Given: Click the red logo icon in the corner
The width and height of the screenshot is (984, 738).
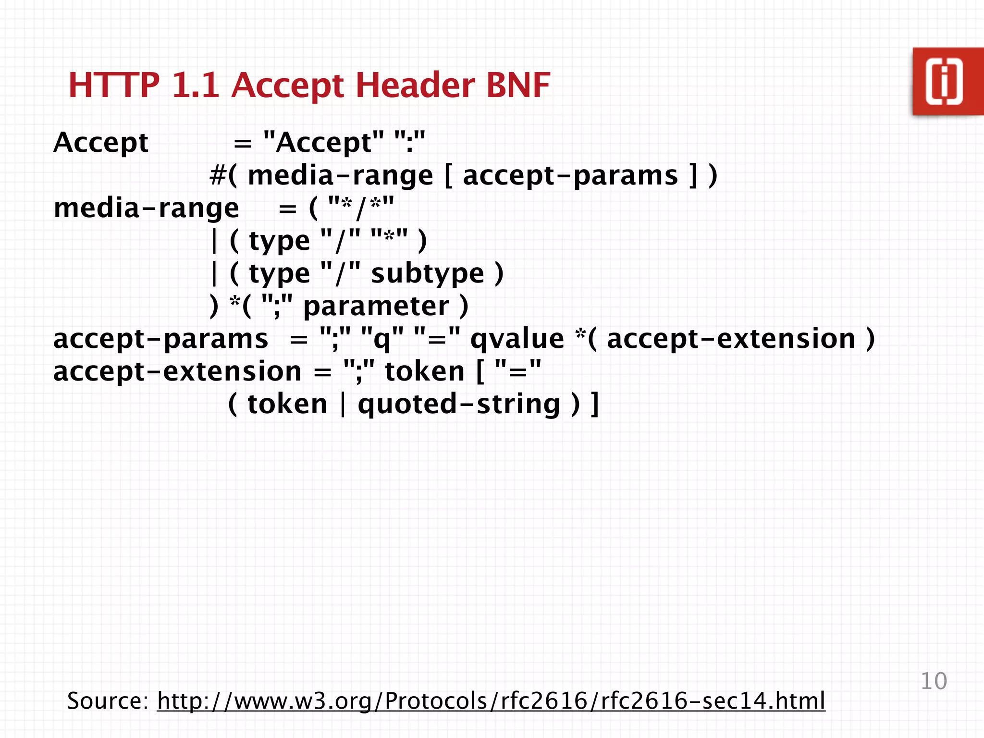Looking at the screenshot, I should (947, 82).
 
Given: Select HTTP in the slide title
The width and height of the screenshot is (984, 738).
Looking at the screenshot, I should (114, 85).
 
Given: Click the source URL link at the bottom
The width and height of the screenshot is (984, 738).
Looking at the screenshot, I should (491, 701).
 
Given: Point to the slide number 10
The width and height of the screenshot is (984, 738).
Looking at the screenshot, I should (933, 681).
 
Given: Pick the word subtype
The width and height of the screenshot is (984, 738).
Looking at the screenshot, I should (428, 274).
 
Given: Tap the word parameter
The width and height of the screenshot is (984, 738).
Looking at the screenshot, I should (376, 307).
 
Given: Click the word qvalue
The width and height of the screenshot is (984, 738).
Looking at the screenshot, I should (517, 339).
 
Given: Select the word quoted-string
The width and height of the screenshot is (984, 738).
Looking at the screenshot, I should (459, 404).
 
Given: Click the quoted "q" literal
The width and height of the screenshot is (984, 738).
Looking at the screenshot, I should (382, 339).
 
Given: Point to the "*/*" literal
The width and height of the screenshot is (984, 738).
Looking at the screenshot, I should (360, 208).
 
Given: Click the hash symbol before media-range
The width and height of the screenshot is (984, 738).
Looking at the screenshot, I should (218, 175).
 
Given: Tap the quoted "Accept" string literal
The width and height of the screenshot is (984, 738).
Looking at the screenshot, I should (323, 143).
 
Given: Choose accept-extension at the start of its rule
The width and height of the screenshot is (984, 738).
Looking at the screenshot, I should (177, 371).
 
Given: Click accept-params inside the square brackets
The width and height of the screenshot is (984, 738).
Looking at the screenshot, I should (570, 175).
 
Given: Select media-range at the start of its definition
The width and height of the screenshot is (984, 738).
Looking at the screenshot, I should (146, 208).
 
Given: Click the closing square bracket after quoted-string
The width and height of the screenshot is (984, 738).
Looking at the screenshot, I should (595, 404).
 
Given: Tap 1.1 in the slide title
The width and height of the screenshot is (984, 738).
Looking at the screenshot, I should (195, 85).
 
